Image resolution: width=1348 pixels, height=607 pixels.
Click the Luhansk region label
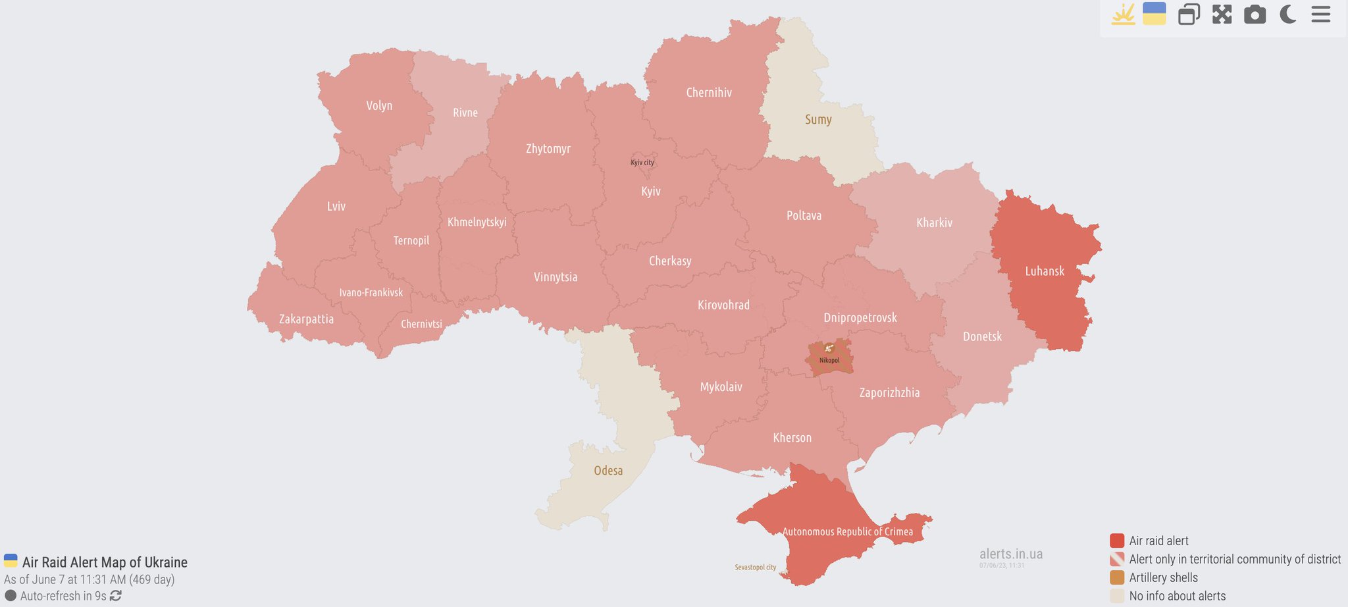[x=1044, y=271]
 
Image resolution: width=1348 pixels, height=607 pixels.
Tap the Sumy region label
[x=818, y=120]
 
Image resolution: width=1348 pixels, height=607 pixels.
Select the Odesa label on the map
[x=608, y=471]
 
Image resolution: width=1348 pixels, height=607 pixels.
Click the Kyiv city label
[x=642, y=163]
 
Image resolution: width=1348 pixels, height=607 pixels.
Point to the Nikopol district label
[x=829, y=360]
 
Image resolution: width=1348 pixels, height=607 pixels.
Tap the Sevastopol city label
[x=755, y=567]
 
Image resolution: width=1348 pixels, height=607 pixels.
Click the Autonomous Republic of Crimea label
[x=847, y=532]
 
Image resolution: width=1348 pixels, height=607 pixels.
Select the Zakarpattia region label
[x=306, y=319]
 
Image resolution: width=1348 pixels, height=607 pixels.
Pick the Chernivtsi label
[x=421, y=324]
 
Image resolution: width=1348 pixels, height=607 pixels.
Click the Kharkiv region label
[x=934, y=223]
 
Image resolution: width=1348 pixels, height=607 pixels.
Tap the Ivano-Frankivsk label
[x=371, y=293]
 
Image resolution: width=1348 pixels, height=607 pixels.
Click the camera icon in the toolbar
[x=1255, y=14]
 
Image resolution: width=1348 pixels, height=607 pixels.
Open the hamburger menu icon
[x=1320, y=14]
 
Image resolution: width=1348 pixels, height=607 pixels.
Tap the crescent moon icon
[x=1287, y=14]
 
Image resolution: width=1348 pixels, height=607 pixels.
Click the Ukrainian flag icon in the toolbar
[x=1154, y=14]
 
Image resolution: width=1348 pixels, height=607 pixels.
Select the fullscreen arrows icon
[x=1222, y=14]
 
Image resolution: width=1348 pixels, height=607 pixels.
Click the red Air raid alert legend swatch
[x=1116, y=541]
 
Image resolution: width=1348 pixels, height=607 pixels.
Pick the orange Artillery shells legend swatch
[x=1116, y=577]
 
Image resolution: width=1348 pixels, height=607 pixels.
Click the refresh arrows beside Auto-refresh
[x=116, y=596]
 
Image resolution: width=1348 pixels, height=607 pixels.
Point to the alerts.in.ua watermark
[x=1010, y=554]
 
